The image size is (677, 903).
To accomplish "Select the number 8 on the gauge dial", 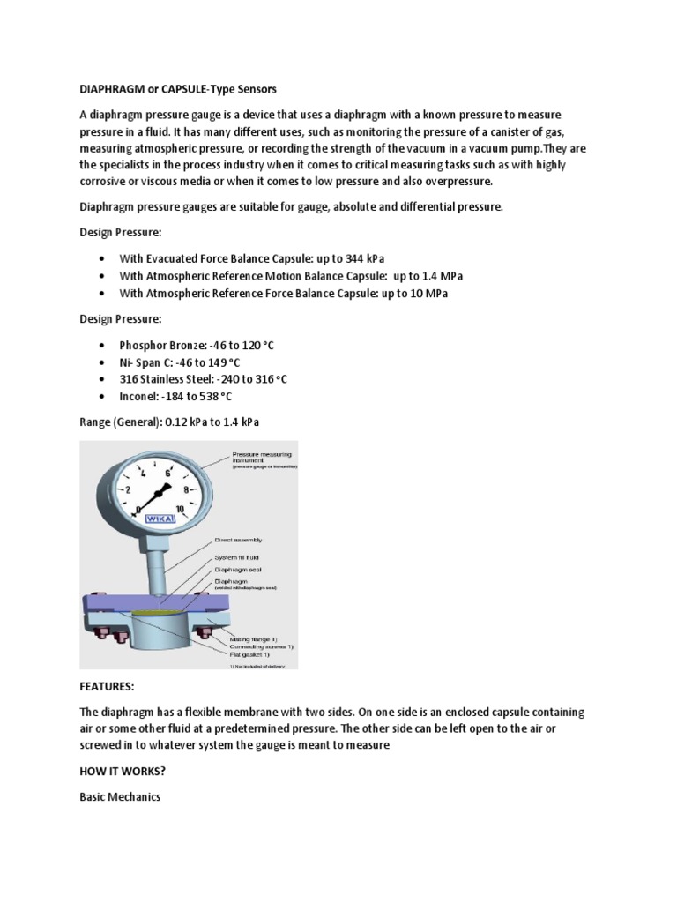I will (185, 489).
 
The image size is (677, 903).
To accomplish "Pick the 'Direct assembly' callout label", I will (238, 539).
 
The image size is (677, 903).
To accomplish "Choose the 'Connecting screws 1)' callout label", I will (260, 646).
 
